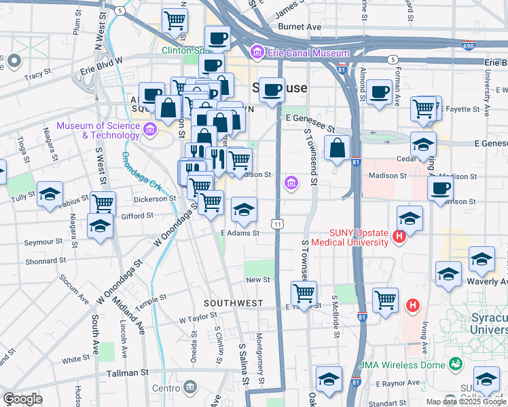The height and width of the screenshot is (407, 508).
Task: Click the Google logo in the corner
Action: click(22, 399)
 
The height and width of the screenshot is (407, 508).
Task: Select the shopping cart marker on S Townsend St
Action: click(304, 294)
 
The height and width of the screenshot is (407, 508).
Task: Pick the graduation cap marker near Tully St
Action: click(50, 195)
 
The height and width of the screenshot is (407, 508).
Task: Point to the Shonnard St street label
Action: click(44, 260)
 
